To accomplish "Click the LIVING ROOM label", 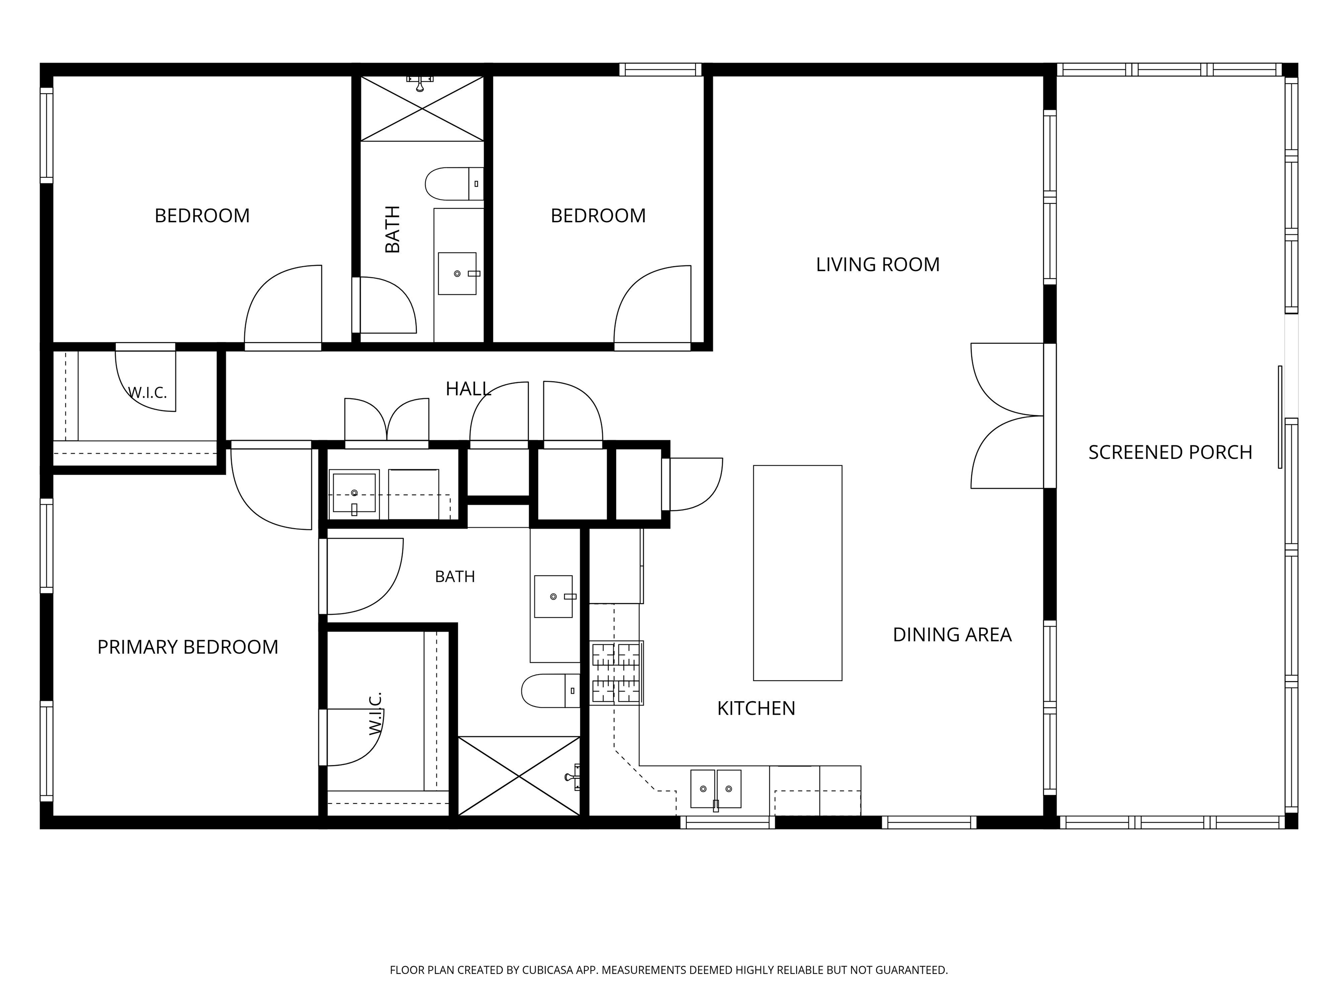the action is coord(878,265).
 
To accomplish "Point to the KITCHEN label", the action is coord(756,708).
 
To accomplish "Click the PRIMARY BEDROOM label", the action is coord(188,647).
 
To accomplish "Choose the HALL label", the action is coord(468,389).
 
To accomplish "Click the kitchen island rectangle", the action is coord(797,573).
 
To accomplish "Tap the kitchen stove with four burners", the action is coord(616,673).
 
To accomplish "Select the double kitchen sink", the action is coord(716,789).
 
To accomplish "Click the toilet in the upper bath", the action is coord(454,184).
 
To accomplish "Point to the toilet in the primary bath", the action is coord(551,691).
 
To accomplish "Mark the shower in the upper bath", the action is coord(422,109).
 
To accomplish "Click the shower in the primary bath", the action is coord(519,776).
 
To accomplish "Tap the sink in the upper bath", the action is coord(457,274).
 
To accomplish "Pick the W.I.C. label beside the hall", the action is coord(147,393).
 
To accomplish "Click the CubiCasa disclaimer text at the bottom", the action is coord(669,970).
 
